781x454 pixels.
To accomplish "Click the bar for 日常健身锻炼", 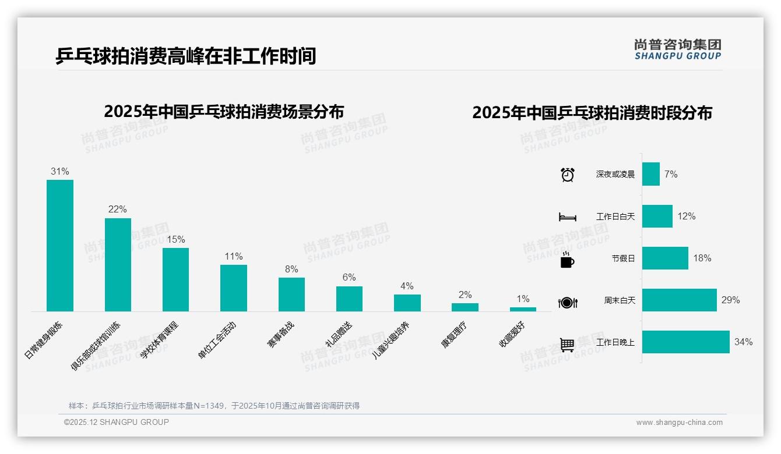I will pos(60,245).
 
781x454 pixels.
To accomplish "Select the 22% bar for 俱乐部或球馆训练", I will pos(118,264).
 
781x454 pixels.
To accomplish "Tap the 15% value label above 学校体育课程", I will pos(175,239).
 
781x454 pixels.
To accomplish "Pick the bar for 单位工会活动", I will pos(233,288).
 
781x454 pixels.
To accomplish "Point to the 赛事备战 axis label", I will pos(280,335).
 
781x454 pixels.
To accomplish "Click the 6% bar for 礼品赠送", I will pos(349,299).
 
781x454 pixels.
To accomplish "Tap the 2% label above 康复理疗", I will pos(465,295).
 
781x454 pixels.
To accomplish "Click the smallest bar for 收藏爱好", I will pos(523,309).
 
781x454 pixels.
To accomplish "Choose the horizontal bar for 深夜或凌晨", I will pos(650,174).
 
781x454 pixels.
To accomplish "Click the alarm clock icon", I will pos(567,175).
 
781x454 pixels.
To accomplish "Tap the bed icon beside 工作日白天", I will pos(567,217).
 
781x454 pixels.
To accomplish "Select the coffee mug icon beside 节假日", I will pos(567,260).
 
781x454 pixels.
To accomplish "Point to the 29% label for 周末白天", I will pos(730,300).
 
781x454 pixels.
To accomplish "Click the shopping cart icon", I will pos(567,345).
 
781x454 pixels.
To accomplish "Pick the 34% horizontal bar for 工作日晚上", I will pos(685,342).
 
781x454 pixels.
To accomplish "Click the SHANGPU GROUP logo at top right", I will pos(677,49).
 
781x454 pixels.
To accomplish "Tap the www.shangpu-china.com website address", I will pos(679,423).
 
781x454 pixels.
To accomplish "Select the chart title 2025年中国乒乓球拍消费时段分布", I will pos(592,113).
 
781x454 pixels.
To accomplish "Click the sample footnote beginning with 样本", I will pos(214,406).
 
